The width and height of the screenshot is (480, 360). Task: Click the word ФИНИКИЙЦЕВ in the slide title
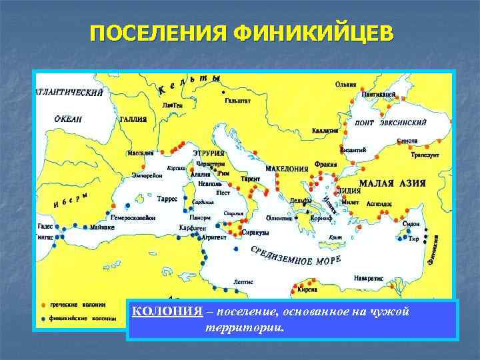click(x=313, y=33)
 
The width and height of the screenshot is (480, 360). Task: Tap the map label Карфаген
click(x=192, y=228)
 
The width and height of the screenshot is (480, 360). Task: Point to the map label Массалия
click(x=140, y=153)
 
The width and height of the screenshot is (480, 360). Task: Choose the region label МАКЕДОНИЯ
click(x=287, y=169)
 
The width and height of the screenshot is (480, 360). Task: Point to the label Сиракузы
click(x=256, y=233)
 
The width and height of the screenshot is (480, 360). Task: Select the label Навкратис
click(x=368, y=277)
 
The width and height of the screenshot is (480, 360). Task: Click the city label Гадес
click(x=45, y=227)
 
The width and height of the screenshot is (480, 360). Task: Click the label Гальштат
click(x=238, y=101)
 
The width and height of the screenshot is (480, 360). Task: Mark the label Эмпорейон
click(x=147, y=175)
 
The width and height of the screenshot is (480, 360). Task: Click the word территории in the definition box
click(x=245, y=328)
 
